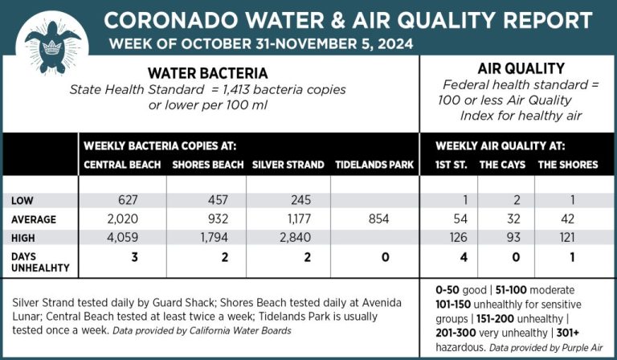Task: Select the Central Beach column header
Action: (121, 165)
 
